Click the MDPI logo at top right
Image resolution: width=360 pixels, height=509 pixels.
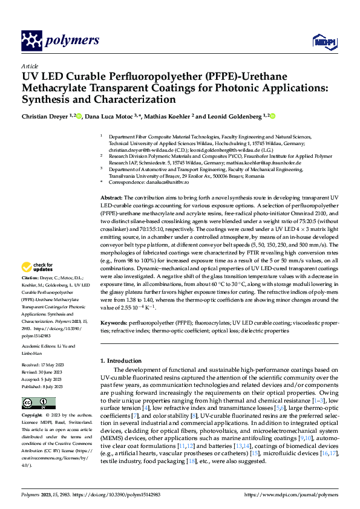pyautogui.click(x=323, y=41)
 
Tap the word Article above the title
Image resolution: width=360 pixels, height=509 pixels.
pyautogui.click(x=30, y=66)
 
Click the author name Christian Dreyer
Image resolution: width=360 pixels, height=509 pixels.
pyautogui.click(x=44, y=116)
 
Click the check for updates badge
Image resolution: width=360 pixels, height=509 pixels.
pyautogui.click(x=38, y=267)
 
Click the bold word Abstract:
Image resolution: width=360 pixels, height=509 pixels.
pyautogui.click(x=111, y=198)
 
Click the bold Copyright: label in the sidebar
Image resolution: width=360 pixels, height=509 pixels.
pyautogui.click(x=32, y=417)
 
